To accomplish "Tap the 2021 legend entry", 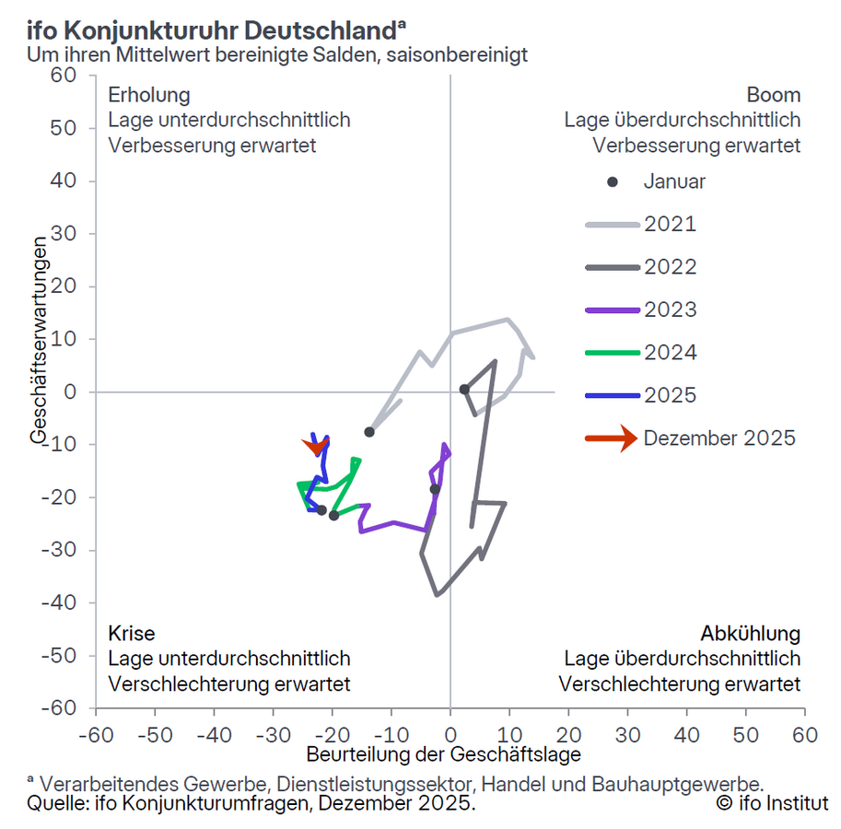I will [671, 224].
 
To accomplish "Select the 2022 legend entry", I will [671, 267].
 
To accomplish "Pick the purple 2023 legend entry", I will [671, 309].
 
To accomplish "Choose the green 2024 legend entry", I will [671, 353].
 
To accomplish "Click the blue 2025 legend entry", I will [671, 395].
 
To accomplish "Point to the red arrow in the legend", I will [612, 438].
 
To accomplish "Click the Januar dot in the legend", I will [613, 181].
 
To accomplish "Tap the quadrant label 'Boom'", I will [774, 95].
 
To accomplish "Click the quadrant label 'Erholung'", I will [149, 95].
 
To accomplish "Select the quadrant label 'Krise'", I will [132, 634].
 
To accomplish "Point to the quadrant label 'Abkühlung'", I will [751, 634].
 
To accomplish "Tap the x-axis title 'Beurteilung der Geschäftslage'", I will [444, 755].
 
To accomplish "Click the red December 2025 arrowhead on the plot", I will [316, 448].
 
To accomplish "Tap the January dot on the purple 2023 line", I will [435, 489].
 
